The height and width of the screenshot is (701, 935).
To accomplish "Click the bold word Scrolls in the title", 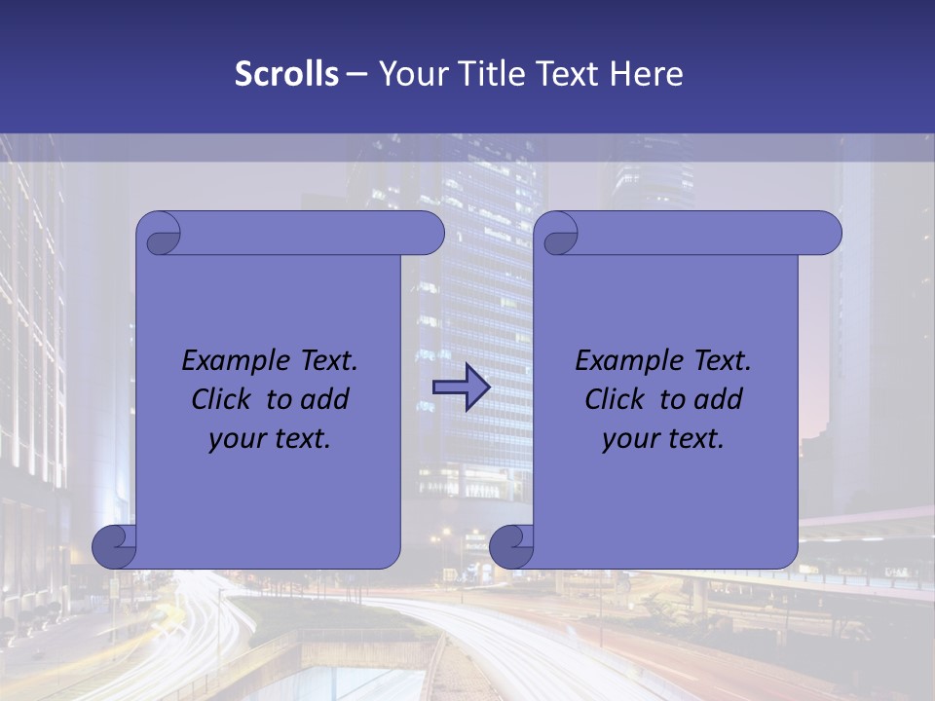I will tap(287, 74).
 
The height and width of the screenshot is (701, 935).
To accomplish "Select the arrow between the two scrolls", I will tap(461, 387).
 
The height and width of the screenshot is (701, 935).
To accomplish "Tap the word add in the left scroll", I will tap(323, 399).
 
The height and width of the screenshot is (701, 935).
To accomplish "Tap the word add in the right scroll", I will tap(717, 399).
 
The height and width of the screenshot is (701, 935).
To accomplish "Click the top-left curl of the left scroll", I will tap(160, 235).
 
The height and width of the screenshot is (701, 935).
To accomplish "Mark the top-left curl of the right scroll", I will tap(558, 235).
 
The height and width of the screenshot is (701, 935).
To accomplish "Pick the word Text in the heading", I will tap(567, 74).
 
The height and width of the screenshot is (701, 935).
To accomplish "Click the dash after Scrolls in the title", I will tap(356, 74).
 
